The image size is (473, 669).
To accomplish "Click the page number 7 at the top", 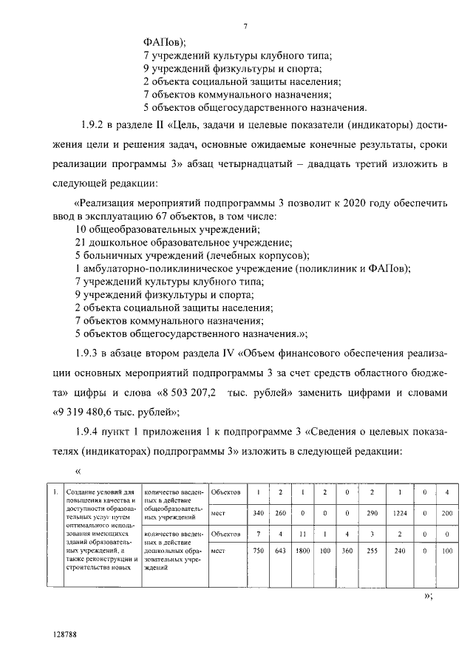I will click(x=245, y=27).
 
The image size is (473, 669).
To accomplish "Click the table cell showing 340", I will click(x=258, y=512).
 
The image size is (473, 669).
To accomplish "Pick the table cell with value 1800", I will click(x=303, y=551).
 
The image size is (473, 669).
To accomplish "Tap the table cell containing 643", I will click(x=280, y=551).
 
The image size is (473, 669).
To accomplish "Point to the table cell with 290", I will click(x=372, y=512).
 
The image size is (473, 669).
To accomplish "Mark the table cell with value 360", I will click(x=347, y=551).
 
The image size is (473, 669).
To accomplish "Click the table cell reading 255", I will click(x=372, y=551).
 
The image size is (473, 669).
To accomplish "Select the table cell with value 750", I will click(x=258, y=551).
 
